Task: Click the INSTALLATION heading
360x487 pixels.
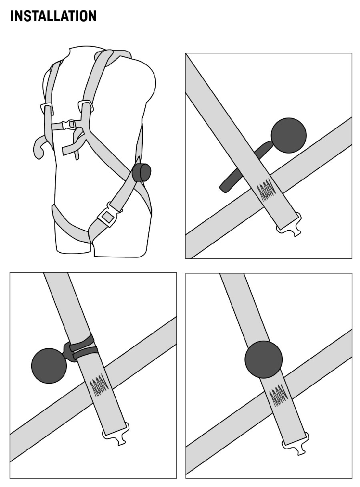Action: pos(53,16)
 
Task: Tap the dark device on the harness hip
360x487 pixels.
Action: pos(141,172)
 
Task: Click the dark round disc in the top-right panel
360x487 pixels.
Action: pos(288,135)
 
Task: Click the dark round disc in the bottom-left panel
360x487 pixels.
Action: pos(49,366)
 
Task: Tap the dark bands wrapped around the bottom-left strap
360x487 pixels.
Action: pos(84,347)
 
